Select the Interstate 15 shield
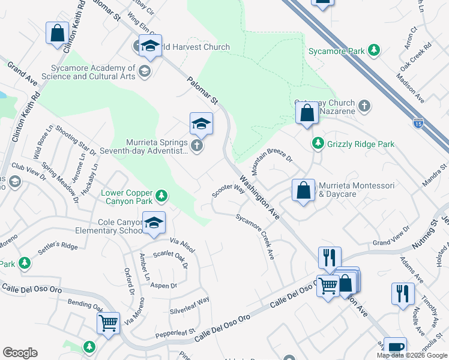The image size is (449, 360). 417,124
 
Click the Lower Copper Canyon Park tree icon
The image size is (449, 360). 160,196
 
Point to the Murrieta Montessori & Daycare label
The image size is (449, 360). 356,190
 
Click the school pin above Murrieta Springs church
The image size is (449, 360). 201,124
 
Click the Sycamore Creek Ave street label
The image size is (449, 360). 255,236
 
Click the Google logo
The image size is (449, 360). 20,353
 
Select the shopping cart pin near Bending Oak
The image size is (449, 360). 108,324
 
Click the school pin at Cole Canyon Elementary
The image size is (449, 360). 154,224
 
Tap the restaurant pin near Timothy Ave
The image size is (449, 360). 402,293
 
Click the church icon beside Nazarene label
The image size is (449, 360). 364,107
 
